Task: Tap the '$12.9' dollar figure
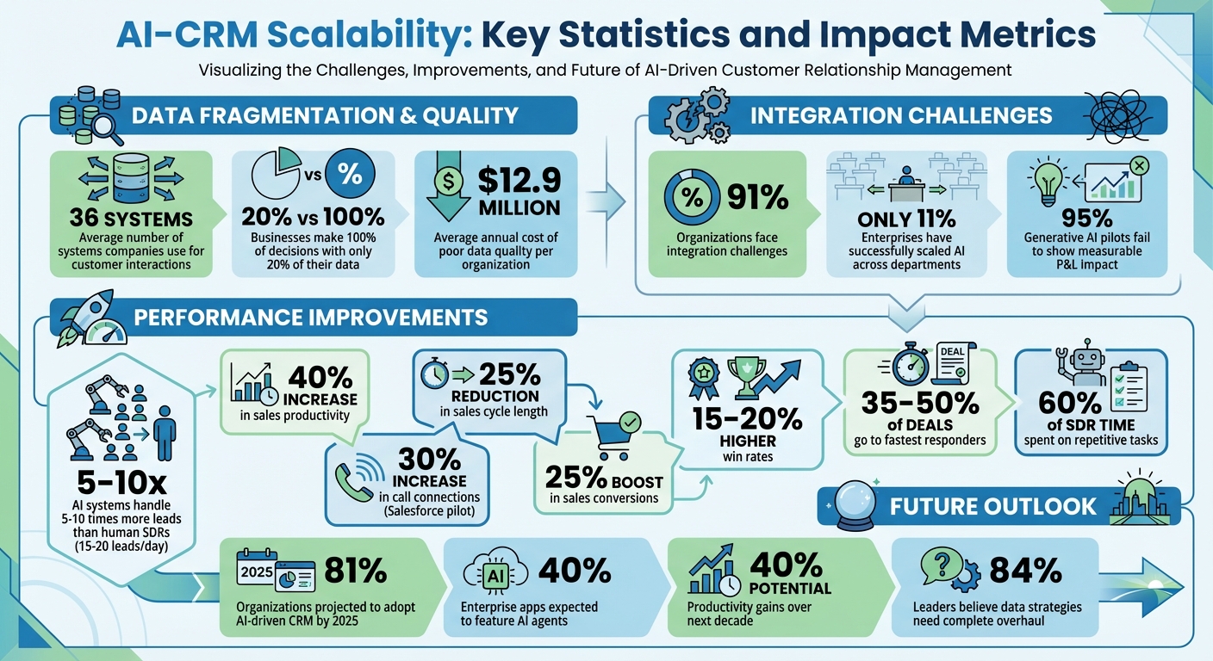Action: [519, 181]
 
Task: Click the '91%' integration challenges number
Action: [757, 197]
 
